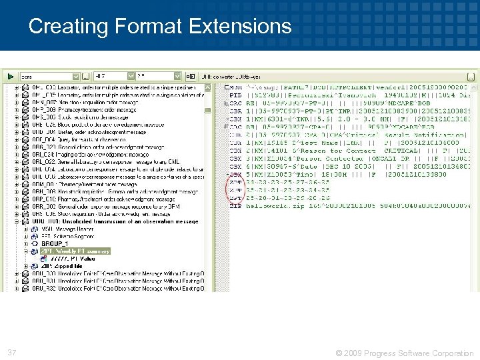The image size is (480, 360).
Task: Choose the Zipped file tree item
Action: click(x=63, y=266)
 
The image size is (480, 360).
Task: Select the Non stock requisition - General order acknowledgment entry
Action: click(x=113, y=192)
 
